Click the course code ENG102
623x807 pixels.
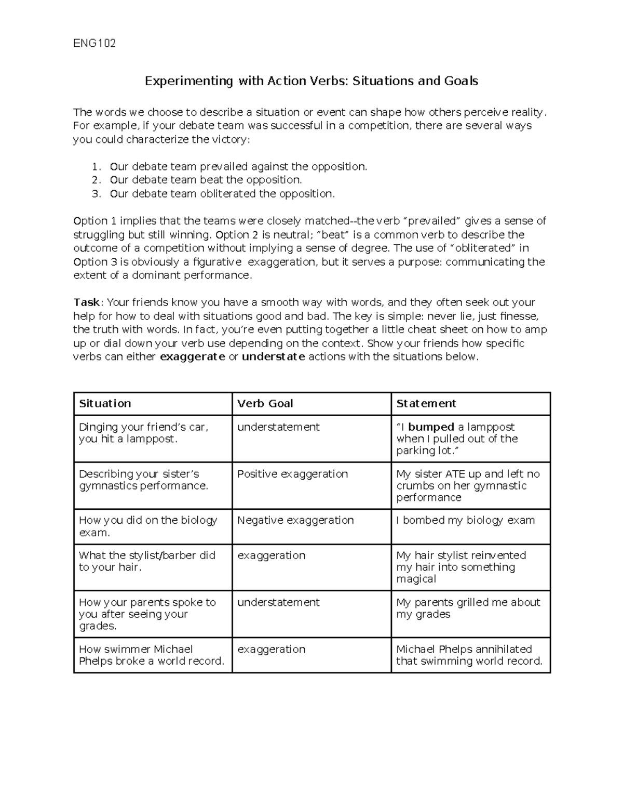pos(94,43)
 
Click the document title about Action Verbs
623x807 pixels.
pos(311,81)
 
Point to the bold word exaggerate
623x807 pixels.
pos(193,357)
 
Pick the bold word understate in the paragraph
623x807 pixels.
pos(274,357)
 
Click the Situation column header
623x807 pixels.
pos(105,404)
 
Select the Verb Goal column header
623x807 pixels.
pos(265,404)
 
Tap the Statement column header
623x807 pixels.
pos(426,404)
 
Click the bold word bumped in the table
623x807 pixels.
pos(431,427)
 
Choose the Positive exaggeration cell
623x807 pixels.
pos(292,474)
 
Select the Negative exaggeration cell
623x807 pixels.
pos(295,521)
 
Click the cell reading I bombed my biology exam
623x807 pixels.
pos(465,521)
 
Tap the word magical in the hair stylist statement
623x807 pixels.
pos(416,579)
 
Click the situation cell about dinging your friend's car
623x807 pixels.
pos(143,433)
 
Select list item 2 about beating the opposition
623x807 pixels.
pos(206,180)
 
